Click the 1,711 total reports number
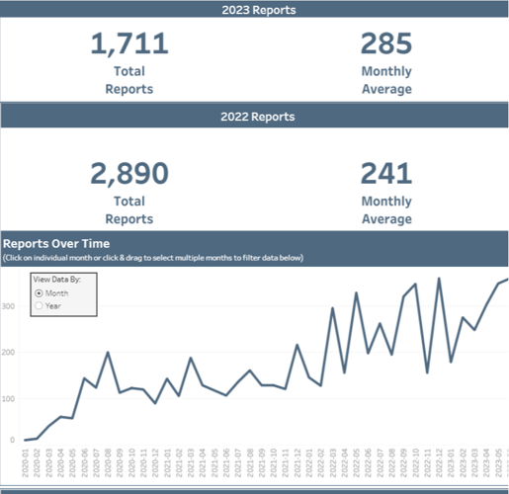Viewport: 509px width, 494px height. (x=129, y=44)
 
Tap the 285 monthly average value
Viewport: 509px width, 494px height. (x=386, y=44)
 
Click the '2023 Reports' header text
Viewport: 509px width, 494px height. (x=255, y=11)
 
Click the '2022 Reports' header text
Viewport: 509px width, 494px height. (x=255, y=117)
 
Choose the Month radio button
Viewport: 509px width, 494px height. (x=40, y=293)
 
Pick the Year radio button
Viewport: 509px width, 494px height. (x=40, y=306)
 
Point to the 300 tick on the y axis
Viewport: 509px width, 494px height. (x=10, y=307)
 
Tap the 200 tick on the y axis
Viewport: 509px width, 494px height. (x=10, y=352)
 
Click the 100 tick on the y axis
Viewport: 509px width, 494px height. (x=10, y=396)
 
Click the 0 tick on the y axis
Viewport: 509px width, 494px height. (x=13, y=441)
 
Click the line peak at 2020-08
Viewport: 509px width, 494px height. (x=108, y=353)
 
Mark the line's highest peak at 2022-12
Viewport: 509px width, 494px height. (x=439, y=279)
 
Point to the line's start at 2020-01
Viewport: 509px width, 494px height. (x=26, y=440)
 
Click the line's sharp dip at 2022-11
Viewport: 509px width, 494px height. (x=427, y=372)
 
